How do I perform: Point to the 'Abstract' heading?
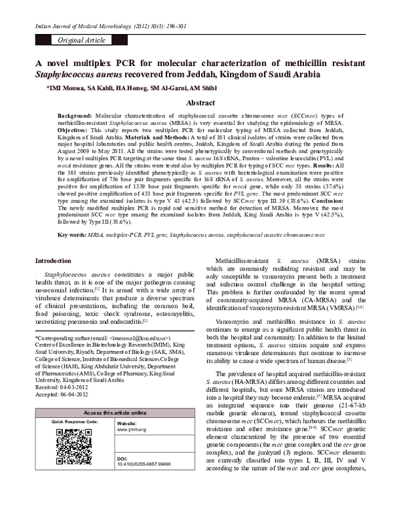(200, 104)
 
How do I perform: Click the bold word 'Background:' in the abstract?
(74, 115)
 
